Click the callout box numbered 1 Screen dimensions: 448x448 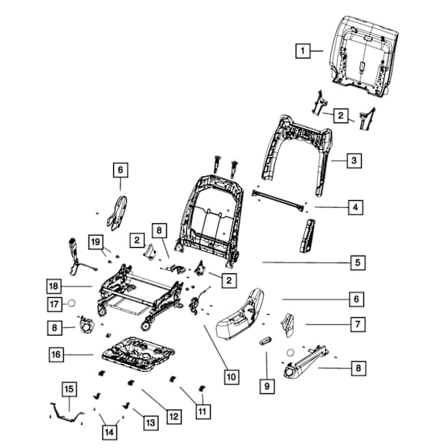pos(303,51)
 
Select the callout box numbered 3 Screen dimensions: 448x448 pos(354,161)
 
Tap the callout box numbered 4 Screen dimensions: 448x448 pos(356,207)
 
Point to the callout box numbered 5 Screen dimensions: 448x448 pos(358,262)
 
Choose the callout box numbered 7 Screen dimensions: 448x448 pos(358,324)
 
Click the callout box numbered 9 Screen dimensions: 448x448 pos(267,386)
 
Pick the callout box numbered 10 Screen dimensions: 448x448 pos(232,377)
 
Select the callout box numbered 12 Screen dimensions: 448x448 pos(174,416)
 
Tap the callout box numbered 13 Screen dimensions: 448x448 pos(151,423)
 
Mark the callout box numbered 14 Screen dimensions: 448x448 pos(109,433)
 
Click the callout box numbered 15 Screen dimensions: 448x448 pos(69,389)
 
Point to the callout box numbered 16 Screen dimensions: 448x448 pos(56,355)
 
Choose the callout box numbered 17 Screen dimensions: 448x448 pos(55,304)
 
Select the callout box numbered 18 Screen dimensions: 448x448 pos(54,286)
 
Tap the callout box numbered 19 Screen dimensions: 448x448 pos(95,242)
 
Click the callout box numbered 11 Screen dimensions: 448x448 pos(203,412)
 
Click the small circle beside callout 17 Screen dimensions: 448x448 pos(71,303)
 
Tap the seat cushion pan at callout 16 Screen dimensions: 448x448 pos(139,353)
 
